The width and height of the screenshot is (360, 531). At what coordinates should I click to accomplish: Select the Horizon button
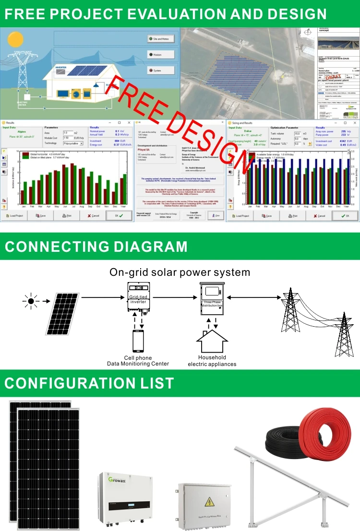click(x=161, y=55)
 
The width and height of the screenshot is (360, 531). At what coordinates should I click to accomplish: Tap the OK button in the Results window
click(x=118, y=216)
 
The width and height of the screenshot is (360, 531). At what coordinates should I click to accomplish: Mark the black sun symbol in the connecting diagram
click(x=31, y=301)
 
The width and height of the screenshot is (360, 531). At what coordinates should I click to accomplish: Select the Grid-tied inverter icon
click(x=139, y=297)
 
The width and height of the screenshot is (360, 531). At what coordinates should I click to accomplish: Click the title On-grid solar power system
click(x=180, y=272)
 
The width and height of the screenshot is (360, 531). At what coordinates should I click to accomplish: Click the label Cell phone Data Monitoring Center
click(x=138, y=361)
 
